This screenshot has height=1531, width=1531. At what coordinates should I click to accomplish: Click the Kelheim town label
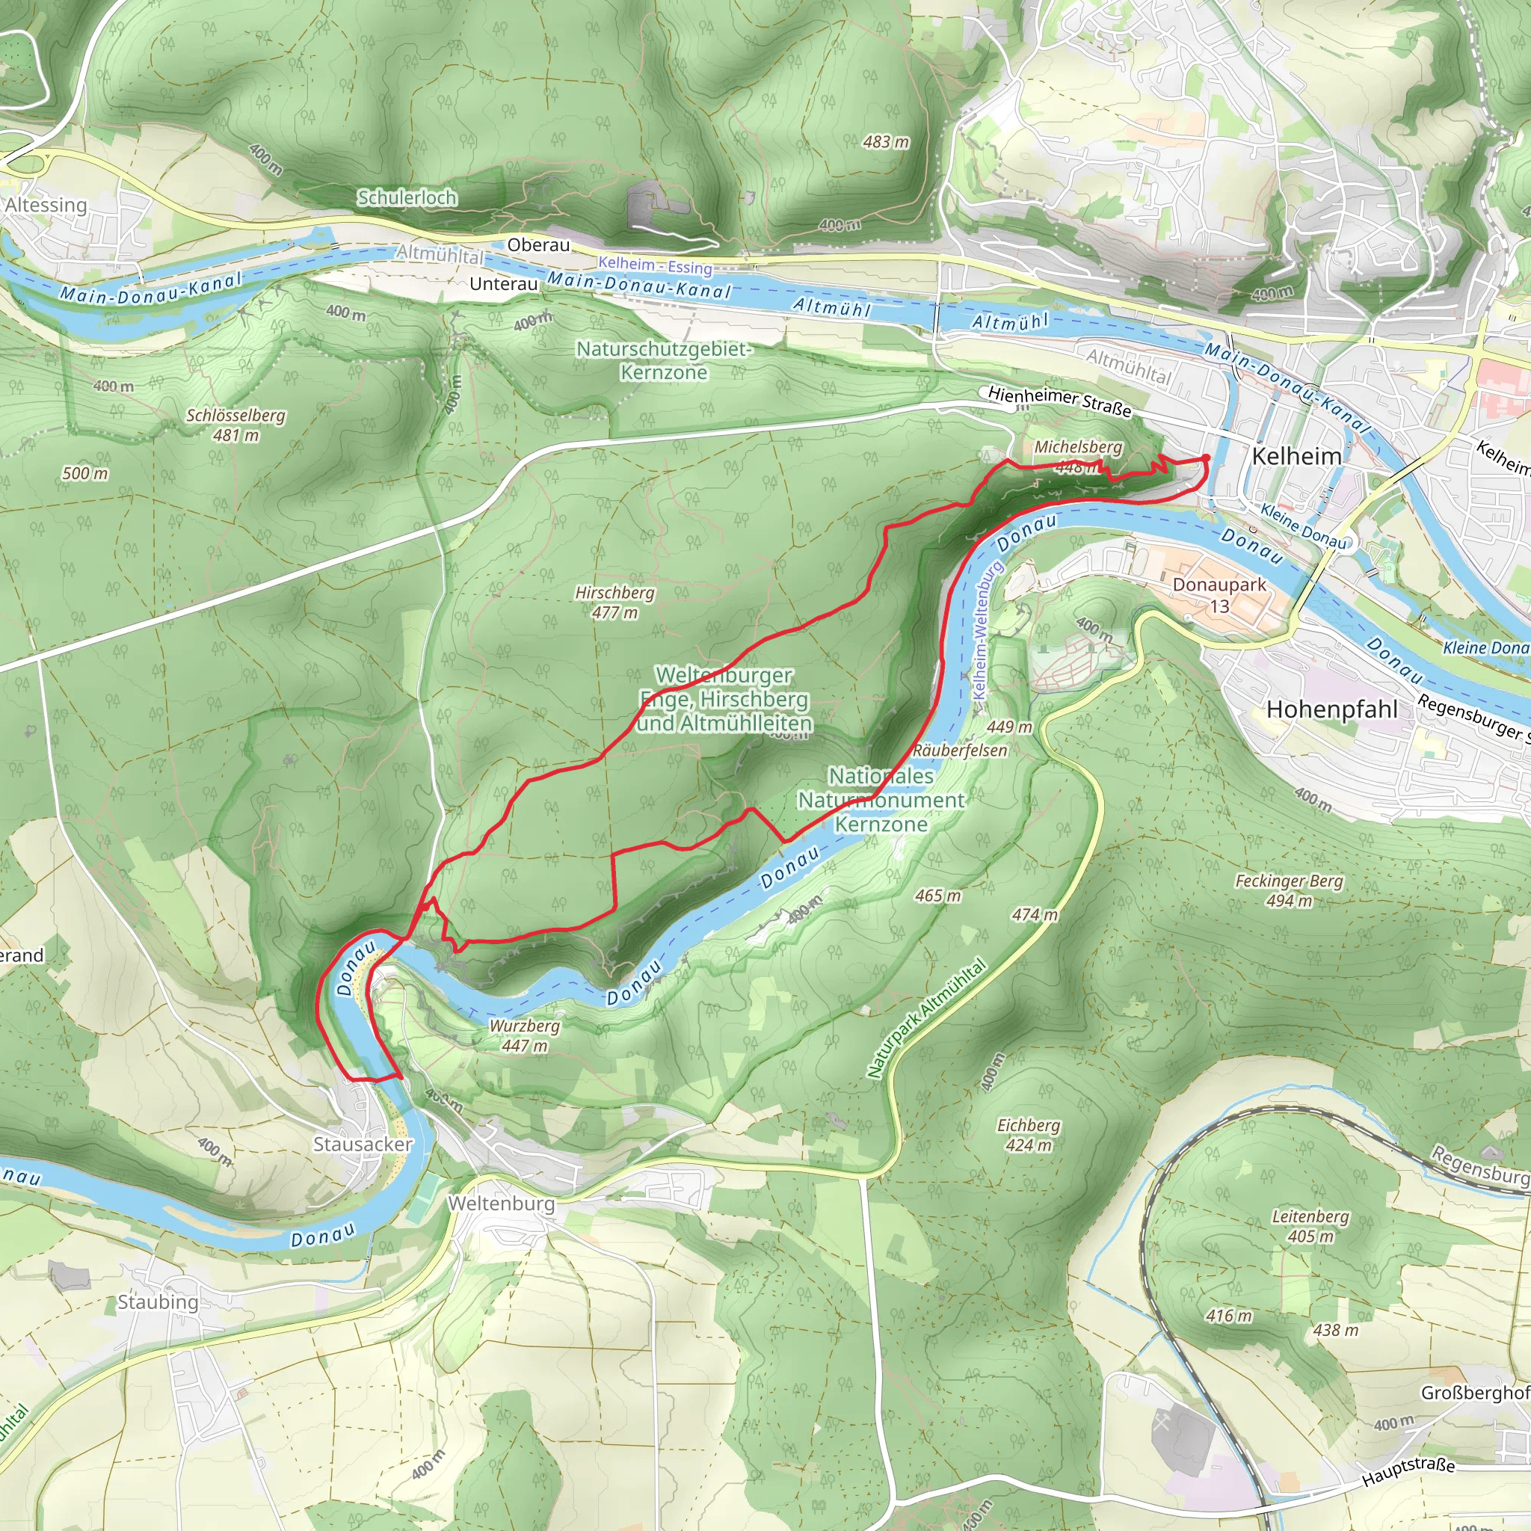(1296, 457)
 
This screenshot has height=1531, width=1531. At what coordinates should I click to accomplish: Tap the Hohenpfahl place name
(1332, 709)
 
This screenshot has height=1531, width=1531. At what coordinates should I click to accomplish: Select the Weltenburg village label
(501, 1203)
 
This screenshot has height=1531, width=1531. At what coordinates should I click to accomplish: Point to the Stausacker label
(363, 1145)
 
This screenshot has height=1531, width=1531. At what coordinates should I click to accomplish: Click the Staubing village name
(158, 1302)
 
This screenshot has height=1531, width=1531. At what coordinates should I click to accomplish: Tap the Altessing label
(45, 206)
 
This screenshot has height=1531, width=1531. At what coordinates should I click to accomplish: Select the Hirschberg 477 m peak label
(615, 603)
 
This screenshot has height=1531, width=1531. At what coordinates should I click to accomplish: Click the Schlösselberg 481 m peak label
(235, 425)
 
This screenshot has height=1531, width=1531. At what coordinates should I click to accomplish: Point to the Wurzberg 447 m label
(524, 1035)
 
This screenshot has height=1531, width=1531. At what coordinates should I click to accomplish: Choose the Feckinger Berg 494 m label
(1290, 890)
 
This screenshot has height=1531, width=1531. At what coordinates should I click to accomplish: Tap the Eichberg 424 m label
(1028, 1135)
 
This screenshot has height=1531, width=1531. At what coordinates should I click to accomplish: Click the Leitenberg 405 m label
(1310, 1226)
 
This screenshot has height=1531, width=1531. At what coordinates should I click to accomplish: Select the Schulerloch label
(407, 197)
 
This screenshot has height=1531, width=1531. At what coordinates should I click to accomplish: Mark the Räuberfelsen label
(960, 751)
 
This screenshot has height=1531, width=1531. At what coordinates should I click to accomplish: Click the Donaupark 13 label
(1219, 595)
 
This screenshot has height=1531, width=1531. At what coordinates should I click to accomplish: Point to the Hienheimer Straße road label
(1059, 401)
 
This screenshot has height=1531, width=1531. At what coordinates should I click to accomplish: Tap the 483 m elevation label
(886, 143)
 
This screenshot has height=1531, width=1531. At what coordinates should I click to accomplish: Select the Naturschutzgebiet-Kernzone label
(663, 360)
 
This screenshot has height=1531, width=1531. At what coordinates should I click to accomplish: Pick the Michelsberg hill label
(1078, 447)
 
